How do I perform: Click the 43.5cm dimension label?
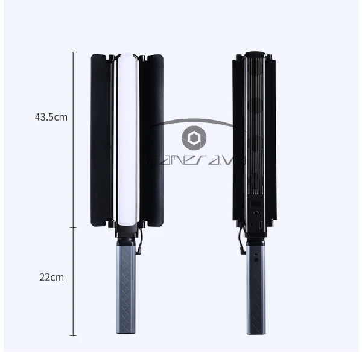point(51,117)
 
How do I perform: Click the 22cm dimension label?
point(52,278)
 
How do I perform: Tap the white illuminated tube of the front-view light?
point(127,139)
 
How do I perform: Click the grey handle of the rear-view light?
point(255,290)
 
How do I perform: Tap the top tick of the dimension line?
point(74,52)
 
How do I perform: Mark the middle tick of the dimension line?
point(74,227)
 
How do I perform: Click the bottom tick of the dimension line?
point(74,335)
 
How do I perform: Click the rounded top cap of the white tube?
point(127,57)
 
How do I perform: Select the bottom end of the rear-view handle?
point(255,332)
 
